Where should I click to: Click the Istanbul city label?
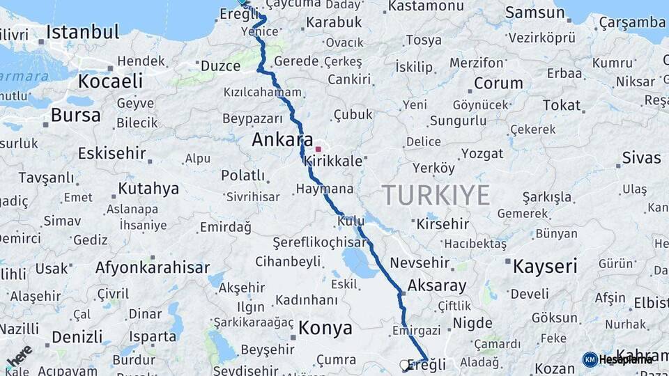pos(83,32)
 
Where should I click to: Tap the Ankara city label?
pos(282,139)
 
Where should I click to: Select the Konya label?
pos(324,327)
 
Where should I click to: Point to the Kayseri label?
pos(545,266)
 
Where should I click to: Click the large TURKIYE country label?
pos(436,195)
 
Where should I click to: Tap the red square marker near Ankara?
pos(318,148)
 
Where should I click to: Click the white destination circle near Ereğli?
pos(404,364)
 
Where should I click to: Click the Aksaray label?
pos(436,285)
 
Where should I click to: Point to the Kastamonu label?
pos(426,6)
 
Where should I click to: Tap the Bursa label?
pos(76,115)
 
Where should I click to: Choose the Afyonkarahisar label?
pos(152,267)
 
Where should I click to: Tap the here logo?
pos(19,355)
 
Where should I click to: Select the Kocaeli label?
pos(110,81)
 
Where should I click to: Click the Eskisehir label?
pos(111,153)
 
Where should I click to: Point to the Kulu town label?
pos(351,221)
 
